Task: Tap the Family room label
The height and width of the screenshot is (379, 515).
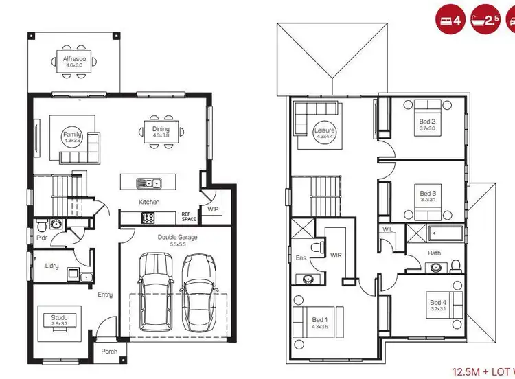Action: [72, 135]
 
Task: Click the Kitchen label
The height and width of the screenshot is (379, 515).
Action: [149, 202]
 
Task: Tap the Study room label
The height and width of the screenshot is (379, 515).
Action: [60, 318]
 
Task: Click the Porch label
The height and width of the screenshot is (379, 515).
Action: [109, 351]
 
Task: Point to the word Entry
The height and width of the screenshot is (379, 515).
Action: [105, 295]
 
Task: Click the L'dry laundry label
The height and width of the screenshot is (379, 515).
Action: [51, 265]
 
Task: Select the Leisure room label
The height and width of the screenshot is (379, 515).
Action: [323, 130]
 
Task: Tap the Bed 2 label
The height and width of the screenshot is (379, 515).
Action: [427, 122]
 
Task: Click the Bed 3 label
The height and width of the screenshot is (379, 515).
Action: [428, 194]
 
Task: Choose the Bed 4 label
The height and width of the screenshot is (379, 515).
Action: [437, 303]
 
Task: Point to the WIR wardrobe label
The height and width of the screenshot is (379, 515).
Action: [336, 255]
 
